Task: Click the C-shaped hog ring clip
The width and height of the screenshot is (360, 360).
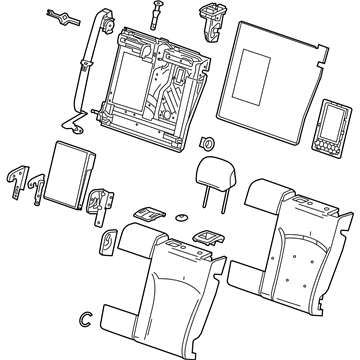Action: pyautogui.click(x=86, y=319)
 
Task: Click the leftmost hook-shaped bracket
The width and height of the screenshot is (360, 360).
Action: pyautogui.click(x=16, y=179)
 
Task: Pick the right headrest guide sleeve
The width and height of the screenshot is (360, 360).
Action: pyautogui.click(x=211, y=235)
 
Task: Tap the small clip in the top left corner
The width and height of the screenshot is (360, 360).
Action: pyautogui.click(x=61, y=17)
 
